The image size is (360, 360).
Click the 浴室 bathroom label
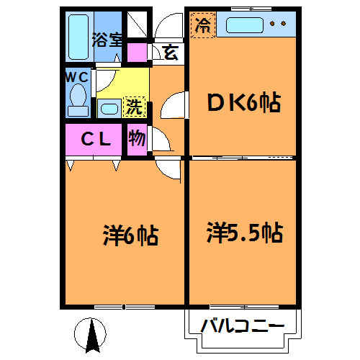pos(107,40)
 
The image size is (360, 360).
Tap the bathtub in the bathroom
pos(78,37)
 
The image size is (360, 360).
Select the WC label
pos(77,77)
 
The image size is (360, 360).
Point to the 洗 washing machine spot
pos(134,107)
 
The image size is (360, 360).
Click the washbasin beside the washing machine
pos(109,109)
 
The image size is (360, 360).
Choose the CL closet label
pos(96,139)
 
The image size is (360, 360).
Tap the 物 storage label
pos(137,138)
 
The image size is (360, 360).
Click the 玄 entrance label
pos(170,53)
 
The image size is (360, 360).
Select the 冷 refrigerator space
pos(203,25)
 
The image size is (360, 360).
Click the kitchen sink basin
pos(245,25)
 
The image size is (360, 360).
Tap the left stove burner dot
pos(272,24)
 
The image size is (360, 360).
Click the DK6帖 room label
pos(244,102)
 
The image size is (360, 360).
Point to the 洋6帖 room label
pos(131,235)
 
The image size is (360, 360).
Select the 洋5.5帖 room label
pos(245,233)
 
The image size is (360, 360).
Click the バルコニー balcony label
pos(243,325)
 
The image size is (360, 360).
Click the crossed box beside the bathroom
pos(137,24)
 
